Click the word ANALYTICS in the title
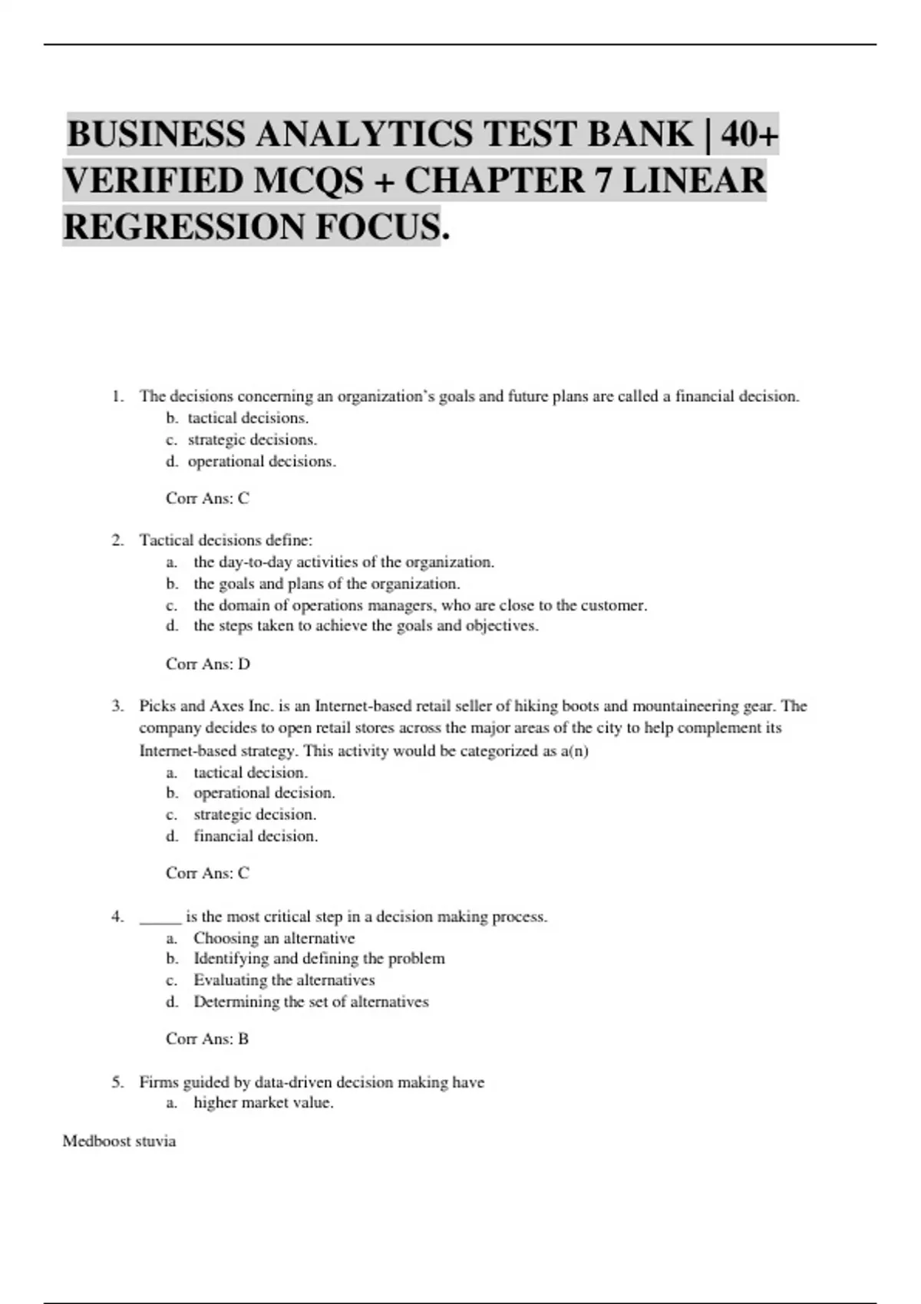(x=364, y=135)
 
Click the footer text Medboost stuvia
(x=119, y=1141)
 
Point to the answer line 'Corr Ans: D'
(x=208, y=664)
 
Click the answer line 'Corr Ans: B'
(x=207, y=1039)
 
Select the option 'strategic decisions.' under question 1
(x=252, y=440)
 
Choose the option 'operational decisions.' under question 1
(x=262, y=461)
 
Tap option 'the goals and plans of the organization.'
(x=326, y=583)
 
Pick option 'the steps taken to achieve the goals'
(x=365, y=625)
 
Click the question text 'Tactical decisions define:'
(x=226, y=540)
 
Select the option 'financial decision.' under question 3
(x=256, y=835)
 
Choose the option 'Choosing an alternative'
(x=274, y=937)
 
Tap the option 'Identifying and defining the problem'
(x=319, y=958)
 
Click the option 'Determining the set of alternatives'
(x=311, y=1001)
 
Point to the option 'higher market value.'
(x=263, y=1102)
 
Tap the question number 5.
(x=117, y=1082)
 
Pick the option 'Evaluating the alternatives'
(x=284, y=980)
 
